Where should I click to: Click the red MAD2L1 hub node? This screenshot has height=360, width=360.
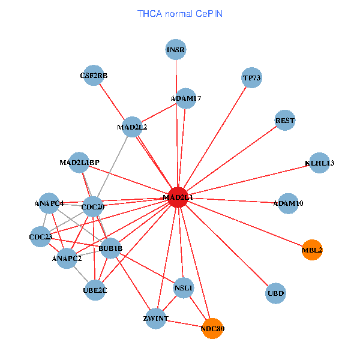tap(178, 197)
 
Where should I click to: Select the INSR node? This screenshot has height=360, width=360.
tap(176, 50)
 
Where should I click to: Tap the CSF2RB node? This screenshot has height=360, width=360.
tap(93, 76)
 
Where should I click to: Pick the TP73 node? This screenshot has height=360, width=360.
tap(252, 78)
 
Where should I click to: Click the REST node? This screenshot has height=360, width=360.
tap(285, 121)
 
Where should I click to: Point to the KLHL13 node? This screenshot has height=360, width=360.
tap(319, 163)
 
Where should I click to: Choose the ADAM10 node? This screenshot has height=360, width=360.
tap(289, 203)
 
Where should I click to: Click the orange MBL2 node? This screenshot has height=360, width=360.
tap(312, 250)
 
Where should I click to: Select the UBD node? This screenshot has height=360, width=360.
tap(275, 294)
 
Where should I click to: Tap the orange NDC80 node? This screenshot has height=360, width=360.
tap(212, 329)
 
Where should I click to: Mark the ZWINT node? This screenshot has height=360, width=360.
tap(155, 318)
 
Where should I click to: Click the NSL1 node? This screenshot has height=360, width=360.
tap(184, 288)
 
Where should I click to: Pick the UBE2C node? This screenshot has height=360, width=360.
tap(95, 291)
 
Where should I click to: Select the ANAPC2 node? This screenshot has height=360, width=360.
tap(67, 259)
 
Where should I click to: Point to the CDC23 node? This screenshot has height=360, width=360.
tap(41, 236)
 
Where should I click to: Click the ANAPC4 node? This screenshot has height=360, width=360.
tap(49, 203)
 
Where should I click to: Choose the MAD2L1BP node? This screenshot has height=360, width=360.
tap(80, 163)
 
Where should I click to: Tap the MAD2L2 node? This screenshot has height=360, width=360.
tap(132, 127)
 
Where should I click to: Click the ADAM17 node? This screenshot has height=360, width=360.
tap(182, 98)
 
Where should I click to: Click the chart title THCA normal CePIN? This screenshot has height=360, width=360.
tap(180, 13)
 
